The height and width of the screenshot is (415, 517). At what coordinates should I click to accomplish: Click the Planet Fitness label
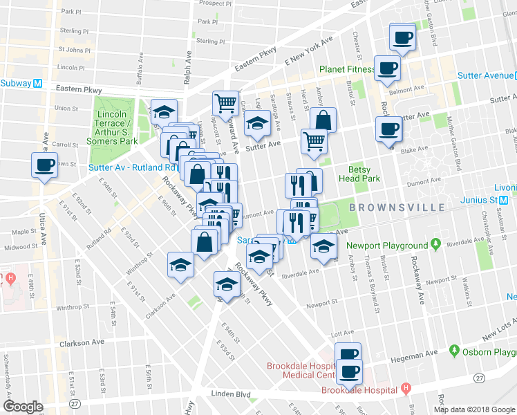coord(347,69)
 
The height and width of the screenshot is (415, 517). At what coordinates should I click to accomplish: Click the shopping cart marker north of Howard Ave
coord(225,104)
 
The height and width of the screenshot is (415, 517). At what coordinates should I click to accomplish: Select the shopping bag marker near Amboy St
coord(322,120)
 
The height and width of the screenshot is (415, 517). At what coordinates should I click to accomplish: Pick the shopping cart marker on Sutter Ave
coord(314,142)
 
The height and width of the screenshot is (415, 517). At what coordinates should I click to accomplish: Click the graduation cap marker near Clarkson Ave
coord(180,265)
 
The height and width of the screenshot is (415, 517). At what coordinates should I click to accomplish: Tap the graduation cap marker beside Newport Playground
coord(323,246)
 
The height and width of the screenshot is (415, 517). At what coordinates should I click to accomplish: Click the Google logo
coord(23,407)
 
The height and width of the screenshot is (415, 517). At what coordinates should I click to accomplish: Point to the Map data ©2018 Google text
coord(474,409)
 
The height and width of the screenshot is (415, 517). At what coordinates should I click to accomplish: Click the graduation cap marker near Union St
coord(164,111)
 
